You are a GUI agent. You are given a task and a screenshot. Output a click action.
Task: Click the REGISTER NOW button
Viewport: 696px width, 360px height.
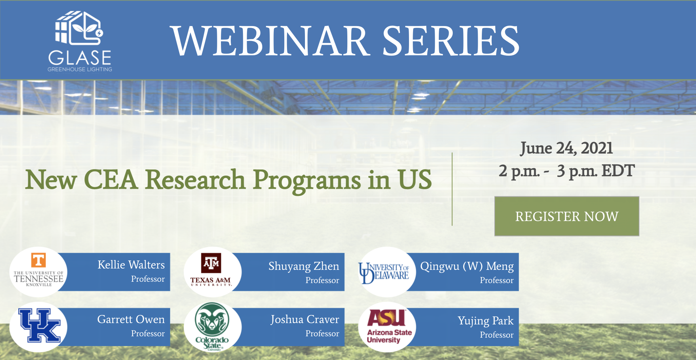point(567,216)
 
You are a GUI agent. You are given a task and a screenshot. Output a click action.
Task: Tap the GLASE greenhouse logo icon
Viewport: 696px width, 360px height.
point(79,28)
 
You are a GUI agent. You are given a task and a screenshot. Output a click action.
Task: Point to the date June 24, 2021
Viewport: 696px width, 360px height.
point(567,148)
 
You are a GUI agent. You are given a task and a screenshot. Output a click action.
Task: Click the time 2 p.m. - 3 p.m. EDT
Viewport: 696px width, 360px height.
point(567,171)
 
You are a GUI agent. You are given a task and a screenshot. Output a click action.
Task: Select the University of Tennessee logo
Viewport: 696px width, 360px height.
point(39,272)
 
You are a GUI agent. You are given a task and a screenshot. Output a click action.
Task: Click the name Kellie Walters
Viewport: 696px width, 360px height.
point(131,264)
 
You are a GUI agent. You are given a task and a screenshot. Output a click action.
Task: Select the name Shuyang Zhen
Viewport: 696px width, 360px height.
point(304,266)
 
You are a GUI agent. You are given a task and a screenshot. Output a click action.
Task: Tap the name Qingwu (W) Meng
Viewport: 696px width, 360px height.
point(467,266)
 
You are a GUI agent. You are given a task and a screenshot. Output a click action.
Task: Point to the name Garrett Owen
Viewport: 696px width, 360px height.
point(131,319)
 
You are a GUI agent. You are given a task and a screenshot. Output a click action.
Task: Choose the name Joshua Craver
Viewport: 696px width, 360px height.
point(305,320)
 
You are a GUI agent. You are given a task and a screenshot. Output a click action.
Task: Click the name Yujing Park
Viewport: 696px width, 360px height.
point(486,321)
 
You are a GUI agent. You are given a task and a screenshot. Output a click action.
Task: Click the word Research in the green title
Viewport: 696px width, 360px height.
point(195,179)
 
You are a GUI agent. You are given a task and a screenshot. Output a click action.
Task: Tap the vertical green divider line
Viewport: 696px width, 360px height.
point(452,189)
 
